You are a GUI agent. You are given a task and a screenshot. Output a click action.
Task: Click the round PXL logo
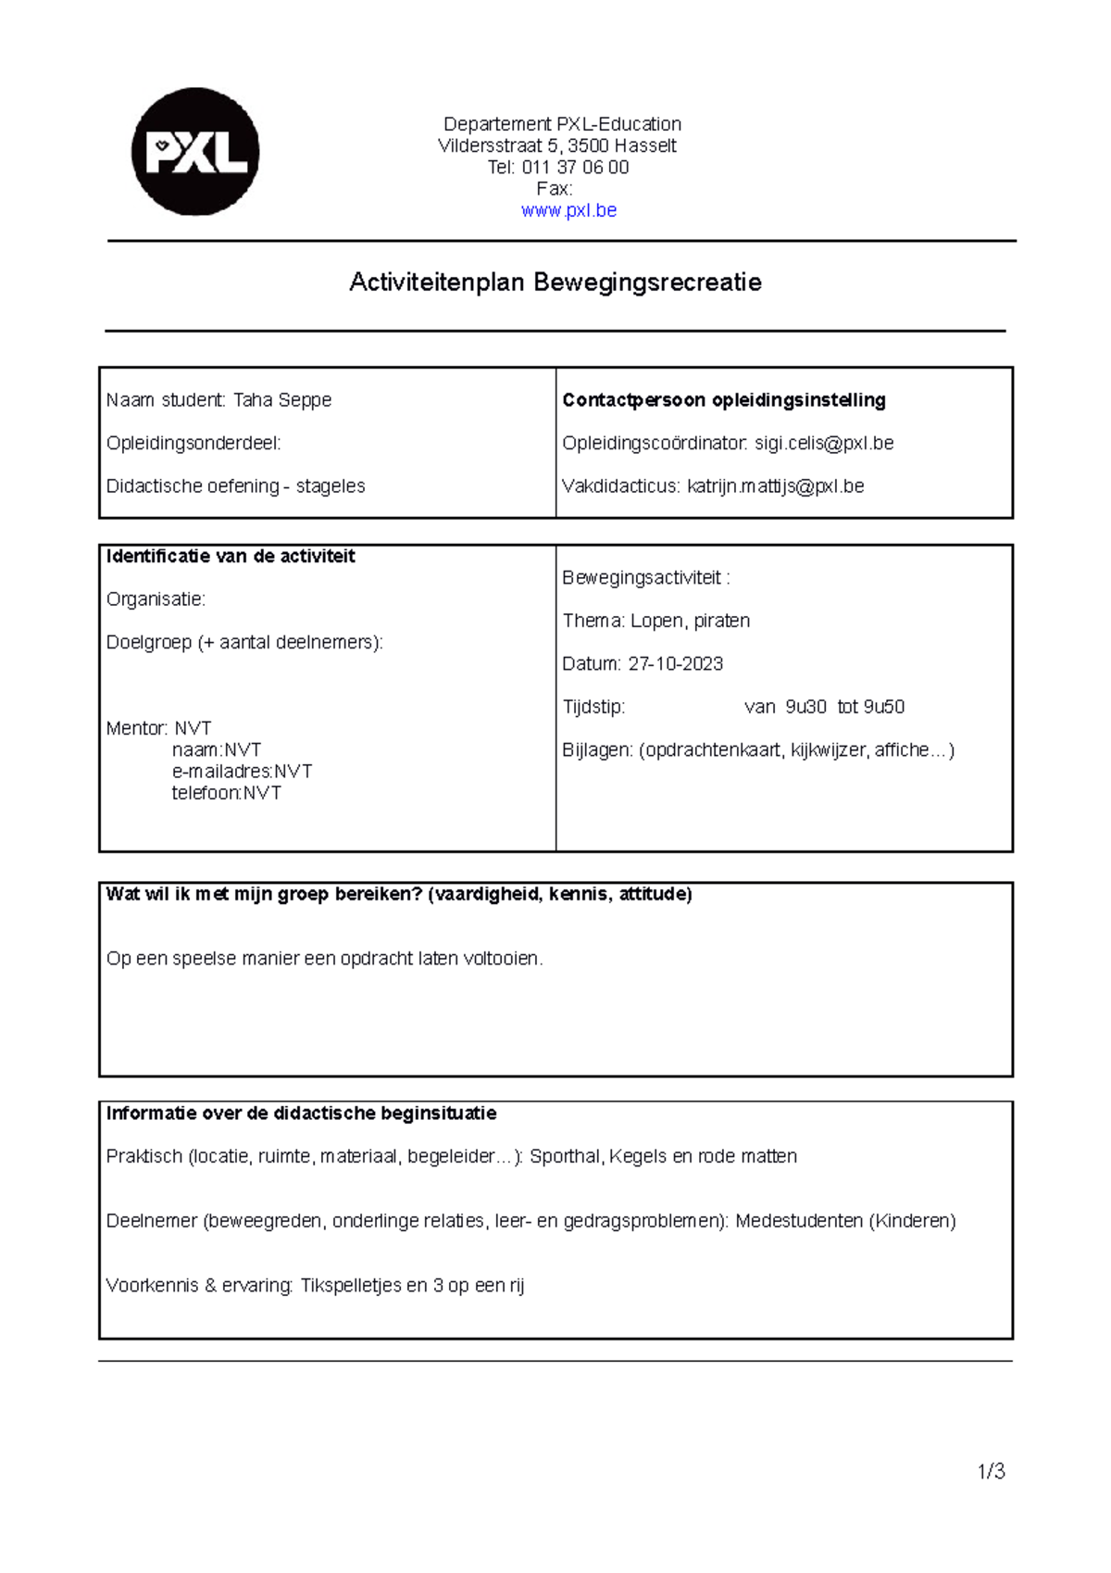(x=195, y=152)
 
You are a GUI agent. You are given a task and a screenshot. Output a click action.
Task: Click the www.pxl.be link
(x=568, y=210)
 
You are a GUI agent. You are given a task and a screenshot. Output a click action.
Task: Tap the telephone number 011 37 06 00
(x=575, y=168)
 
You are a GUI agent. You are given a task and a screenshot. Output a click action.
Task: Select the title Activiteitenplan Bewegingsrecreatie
(x=555, y=283)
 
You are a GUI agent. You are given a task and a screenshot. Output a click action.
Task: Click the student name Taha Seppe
(x=282, y=400)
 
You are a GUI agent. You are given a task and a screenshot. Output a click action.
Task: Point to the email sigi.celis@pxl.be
(x=824, y=444)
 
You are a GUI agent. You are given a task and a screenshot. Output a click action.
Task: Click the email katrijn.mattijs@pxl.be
(x=775, y=486)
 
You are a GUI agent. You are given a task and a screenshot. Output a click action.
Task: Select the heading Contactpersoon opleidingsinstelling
(x=723, y=400)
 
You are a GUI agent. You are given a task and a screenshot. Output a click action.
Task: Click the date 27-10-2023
(x=676, y=664)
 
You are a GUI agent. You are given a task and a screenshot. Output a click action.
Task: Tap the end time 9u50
(x=884, y=707)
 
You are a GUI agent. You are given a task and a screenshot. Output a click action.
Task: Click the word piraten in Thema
(x=722, y=621)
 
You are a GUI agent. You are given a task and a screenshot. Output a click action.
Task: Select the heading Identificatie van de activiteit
(x=231, y=557)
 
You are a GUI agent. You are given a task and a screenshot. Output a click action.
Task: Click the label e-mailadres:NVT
(x=242, y=772)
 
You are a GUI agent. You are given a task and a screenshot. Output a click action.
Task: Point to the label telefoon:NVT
(x=226, y=793)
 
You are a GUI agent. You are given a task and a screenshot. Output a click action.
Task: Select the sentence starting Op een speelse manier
(x=324, y=959)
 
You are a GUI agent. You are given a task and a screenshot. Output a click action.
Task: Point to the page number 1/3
(x=991, y=1471)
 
